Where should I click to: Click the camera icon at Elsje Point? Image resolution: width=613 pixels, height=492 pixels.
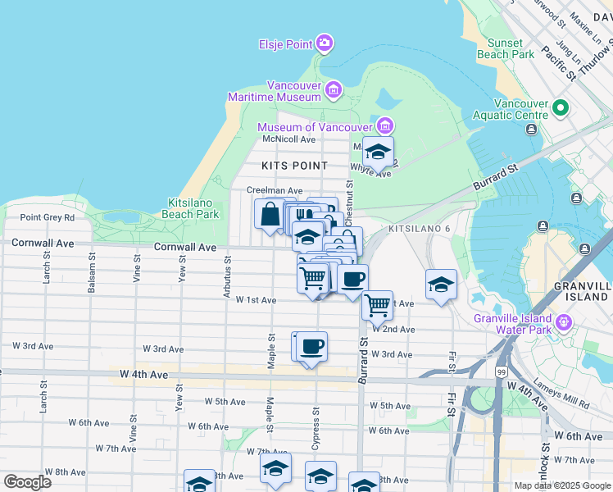click(325, 43)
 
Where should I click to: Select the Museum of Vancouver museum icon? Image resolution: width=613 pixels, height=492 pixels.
click(385, 126)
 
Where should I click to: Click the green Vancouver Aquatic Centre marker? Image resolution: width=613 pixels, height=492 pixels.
click(561, 107)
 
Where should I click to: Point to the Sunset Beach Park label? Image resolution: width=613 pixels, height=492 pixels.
click(511, 48)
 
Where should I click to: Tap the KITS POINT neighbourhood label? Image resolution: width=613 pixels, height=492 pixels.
click(294, 166)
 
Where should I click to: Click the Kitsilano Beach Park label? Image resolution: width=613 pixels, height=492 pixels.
click(193, 208)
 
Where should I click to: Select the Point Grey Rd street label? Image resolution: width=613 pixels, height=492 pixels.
click(47, 217)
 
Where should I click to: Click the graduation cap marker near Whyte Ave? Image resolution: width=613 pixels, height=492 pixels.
click(378, 152)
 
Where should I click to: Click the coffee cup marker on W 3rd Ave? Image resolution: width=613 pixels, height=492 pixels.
click(311, 347)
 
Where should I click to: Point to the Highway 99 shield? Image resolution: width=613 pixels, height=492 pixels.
click(500, 373)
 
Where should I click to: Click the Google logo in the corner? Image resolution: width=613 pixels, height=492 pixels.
click(27, 481)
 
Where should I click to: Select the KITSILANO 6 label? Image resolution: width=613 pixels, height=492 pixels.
click(420, 227)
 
